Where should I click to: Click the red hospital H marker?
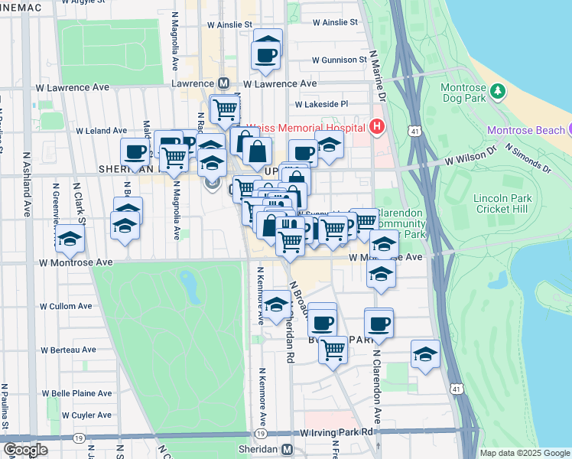tap(376, 127)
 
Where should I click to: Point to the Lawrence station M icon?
tap(224, 83)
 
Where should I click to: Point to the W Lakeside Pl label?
tap(322, 104)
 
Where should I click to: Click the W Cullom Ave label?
tap(66, 306)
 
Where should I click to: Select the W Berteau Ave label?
tap(67, 349)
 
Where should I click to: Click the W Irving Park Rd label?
tap(336, 432)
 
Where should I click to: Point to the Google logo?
tap(25, 450)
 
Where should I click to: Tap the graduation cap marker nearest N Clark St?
tap(70, 241)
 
